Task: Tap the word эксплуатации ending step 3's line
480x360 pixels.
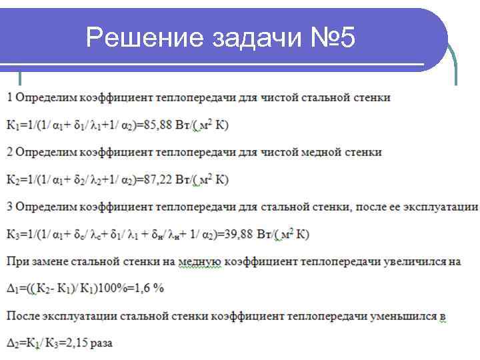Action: [445, 207]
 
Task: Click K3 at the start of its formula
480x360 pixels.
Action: [12, 234]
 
